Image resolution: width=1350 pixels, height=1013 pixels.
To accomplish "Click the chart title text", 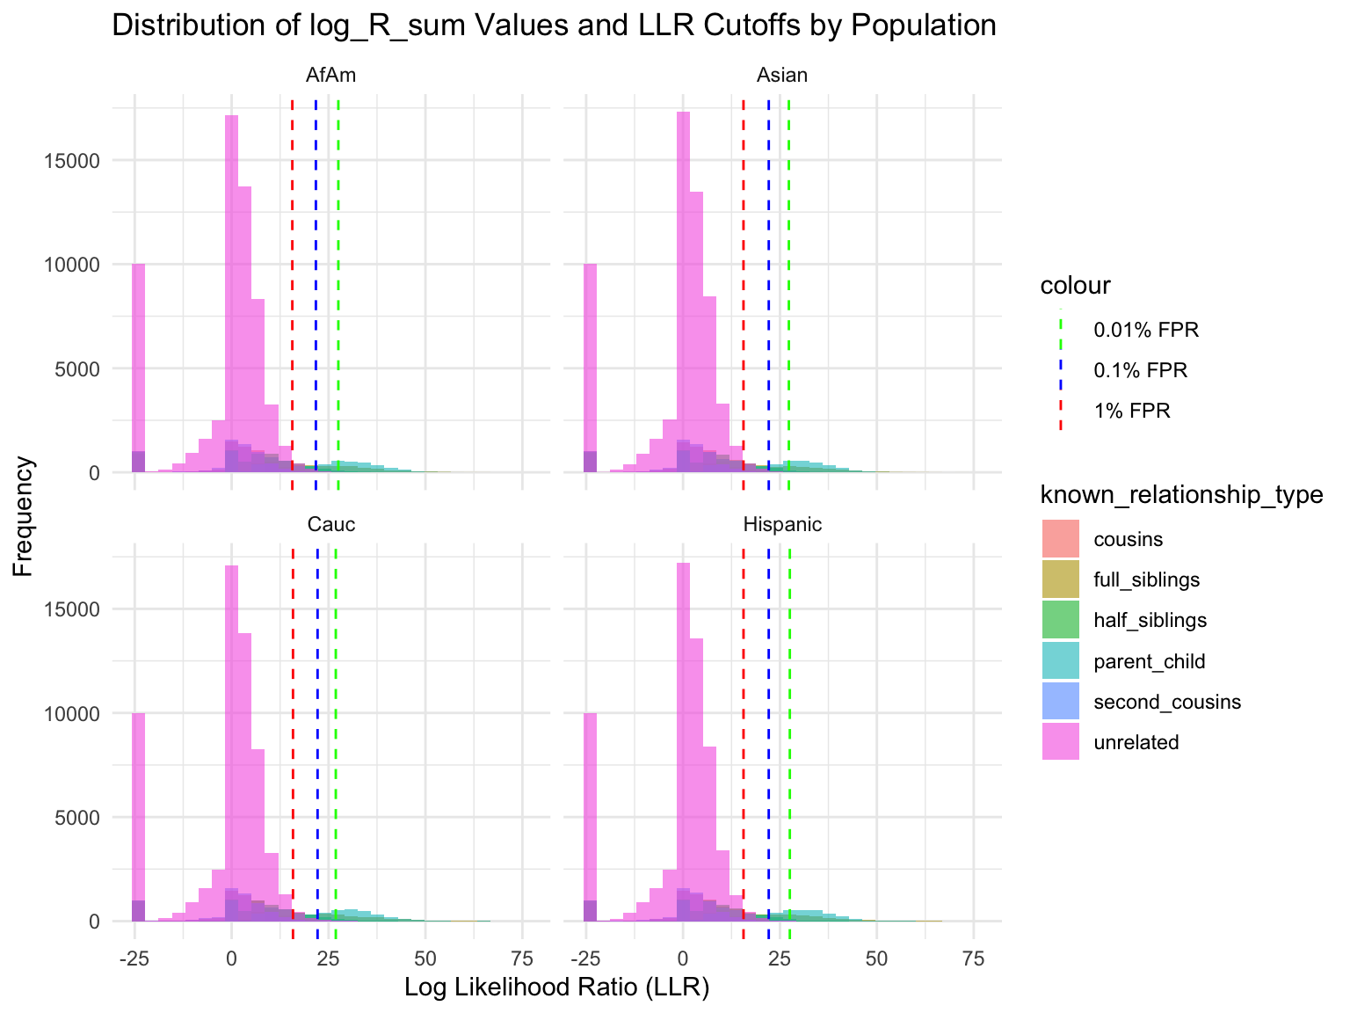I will (x=554, y=26).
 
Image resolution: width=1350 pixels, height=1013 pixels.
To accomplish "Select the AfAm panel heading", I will (x=330, y=76).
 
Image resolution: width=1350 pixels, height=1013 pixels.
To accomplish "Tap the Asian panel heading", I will (x=781, y=76).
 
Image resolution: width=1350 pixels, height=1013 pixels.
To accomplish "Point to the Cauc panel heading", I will (x=330, y=525).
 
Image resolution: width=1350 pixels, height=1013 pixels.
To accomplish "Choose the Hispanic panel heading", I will (x=782, y=525).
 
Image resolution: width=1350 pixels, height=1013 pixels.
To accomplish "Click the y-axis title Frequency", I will (x=24, y=515).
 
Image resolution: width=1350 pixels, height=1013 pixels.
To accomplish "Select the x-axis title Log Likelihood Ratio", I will (x=556, y=987).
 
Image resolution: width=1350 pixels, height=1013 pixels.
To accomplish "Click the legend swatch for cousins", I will (x=1060, y=539).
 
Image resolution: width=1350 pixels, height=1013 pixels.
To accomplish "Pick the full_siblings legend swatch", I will (x=1060, y=579).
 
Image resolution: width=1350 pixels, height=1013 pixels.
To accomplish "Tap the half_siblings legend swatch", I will (x=1060, y=620).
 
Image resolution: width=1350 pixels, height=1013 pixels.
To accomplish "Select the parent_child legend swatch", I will (x=1060, y=661).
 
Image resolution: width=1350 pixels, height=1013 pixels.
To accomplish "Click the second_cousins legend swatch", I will (x=1060, y=702).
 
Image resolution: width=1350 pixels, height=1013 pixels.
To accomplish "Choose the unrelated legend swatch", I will (x=1060, y=742).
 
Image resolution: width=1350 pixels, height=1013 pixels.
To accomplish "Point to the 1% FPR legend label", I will (x=1132, y=411).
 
